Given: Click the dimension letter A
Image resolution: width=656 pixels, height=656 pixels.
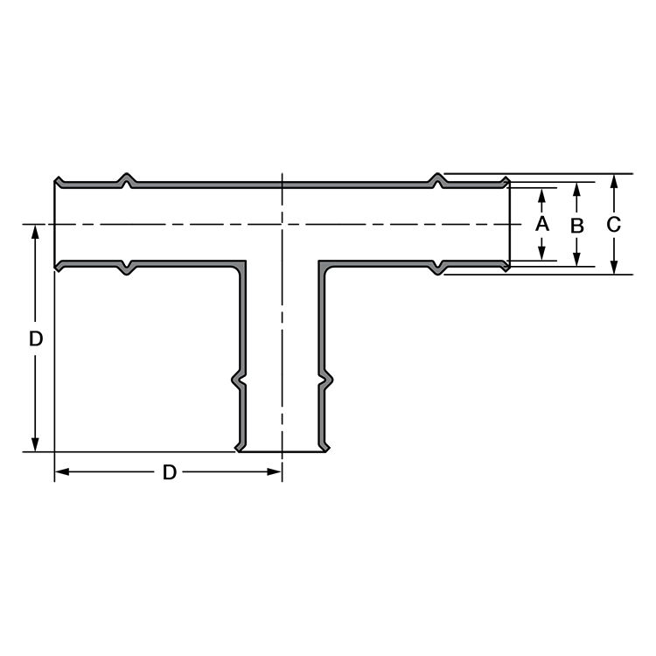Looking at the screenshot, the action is click(542, 224).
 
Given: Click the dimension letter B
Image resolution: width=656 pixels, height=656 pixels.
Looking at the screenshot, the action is click(577, 226).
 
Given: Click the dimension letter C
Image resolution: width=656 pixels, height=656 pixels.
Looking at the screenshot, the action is click(613, 225).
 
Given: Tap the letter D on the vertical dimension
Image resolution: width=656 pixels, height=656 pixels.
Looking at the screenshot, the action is click(36, 338).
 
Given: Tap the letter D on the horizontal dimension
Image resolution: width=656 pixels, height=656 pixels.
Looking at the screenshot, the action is click(170, 472).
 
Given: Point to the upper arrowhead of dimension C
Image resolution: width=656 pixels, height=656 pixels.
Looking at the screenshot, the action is click(614, 181).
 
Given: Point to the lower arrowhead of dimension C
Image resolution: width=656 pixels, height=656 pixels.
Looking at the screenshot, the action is click(614, 268).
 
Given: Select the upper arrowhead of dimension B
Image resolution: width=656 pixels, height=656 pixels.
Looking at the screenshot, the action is click(577, 189).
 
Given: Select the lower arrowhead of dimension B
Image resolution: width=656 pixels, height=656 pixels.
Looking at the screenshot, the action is click(577, 260).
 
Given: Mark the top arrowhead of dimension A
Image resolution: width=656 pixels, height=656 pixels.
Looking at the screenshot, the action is click(541, 195).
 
